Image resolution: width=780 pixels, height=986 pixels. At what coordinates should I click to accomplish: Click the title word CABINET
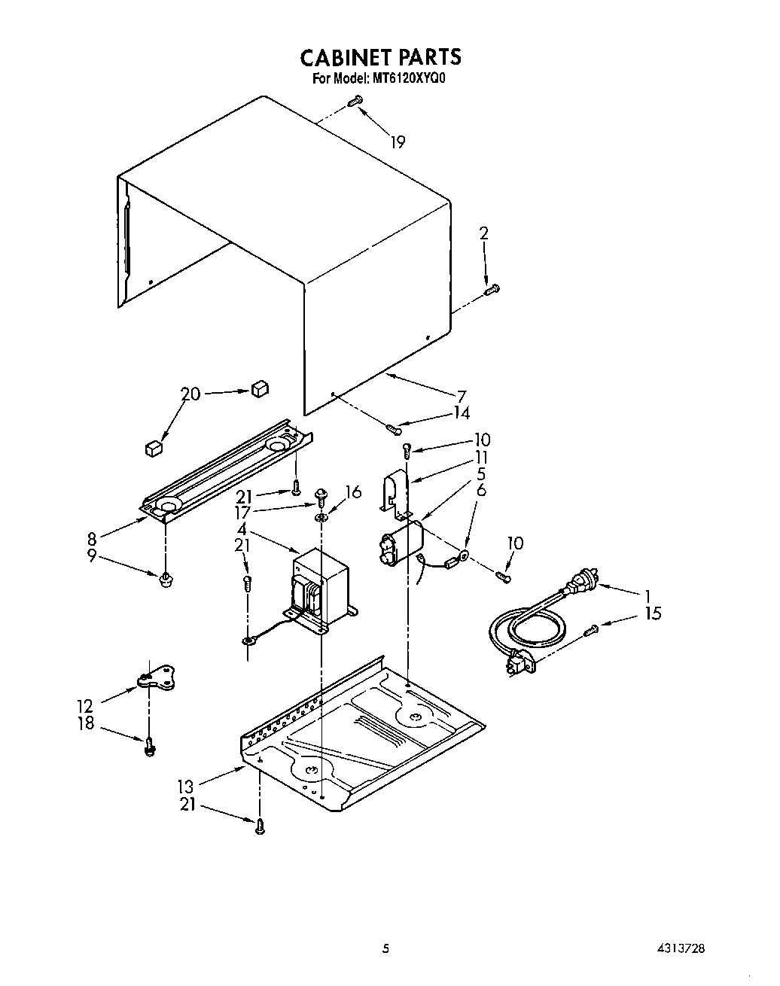(x=345, y=57)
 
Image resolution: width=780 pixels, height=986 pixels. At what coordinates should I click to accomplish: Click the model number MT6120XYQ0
(x=410, y=78)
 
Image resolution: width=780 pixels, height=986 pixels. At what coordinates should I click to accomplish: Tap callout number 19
(x=397, y=141)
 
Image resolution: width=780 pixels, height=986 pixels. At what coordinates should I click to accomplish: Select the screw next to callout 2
(x=493, y=288)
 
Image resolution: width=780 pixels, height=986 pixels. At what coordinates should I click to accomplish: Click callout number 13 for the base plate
(x=185, y=787)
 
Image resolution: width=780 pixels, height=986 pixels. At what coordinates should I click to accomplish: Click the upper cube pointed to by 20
(x=259, y=388)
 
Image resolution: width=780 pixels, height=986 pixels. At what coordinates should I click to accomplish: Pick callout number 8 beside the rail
(x=92, y=538)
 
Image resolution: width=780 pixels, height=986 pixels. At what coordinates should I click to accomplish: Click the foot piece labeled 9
(x=163, y=579)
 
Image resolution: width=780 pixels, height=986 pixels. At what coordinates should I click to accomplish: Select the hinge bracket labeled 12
(x=155, y=679)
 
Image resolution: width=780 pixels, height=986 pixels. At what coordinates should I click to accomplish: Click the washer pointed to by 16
(x=322, y=518)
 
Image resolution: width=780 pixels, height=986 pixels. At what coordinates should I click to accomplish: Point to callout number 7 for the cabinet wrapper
(x=462, y=396)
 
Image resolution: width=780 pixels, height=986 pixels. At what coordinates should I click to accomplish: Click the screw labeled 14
(x=392, y=429)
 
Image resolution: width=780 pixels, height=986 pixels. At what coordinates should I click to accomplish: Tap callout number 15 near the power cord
(x=652, y=613)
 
